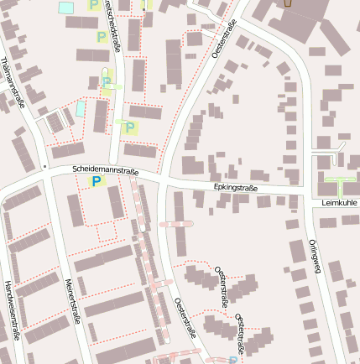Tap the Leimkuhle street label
[339, 203]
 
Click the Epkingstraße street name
[236, 187]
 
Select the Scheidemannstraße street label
[106, 169]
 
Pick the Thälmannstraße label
[11, 84]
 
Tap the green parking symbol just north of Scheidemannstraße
[131, 127]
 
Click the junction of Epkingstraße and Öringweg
[302, 195]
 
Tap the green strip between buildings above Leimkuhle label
[339, 179]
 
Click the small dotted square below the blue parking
[106, 231]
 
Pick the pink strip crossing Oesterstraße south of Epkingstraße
[175, 224]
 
